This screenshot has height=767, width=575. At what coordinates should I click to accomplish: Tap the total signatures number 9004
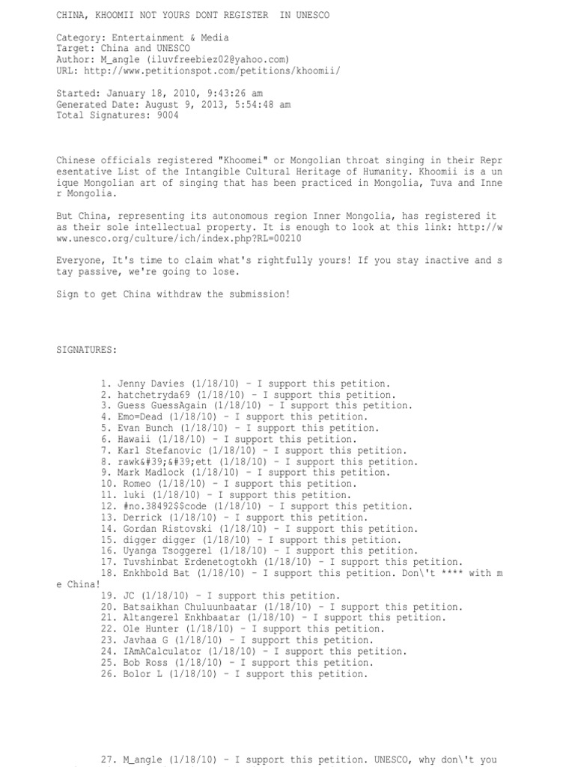168,116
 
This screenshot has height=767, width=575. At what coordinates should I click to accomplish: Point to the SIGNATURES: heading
86,350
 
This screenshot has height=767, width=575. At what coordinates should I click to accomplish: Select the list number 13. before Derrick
106,518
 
